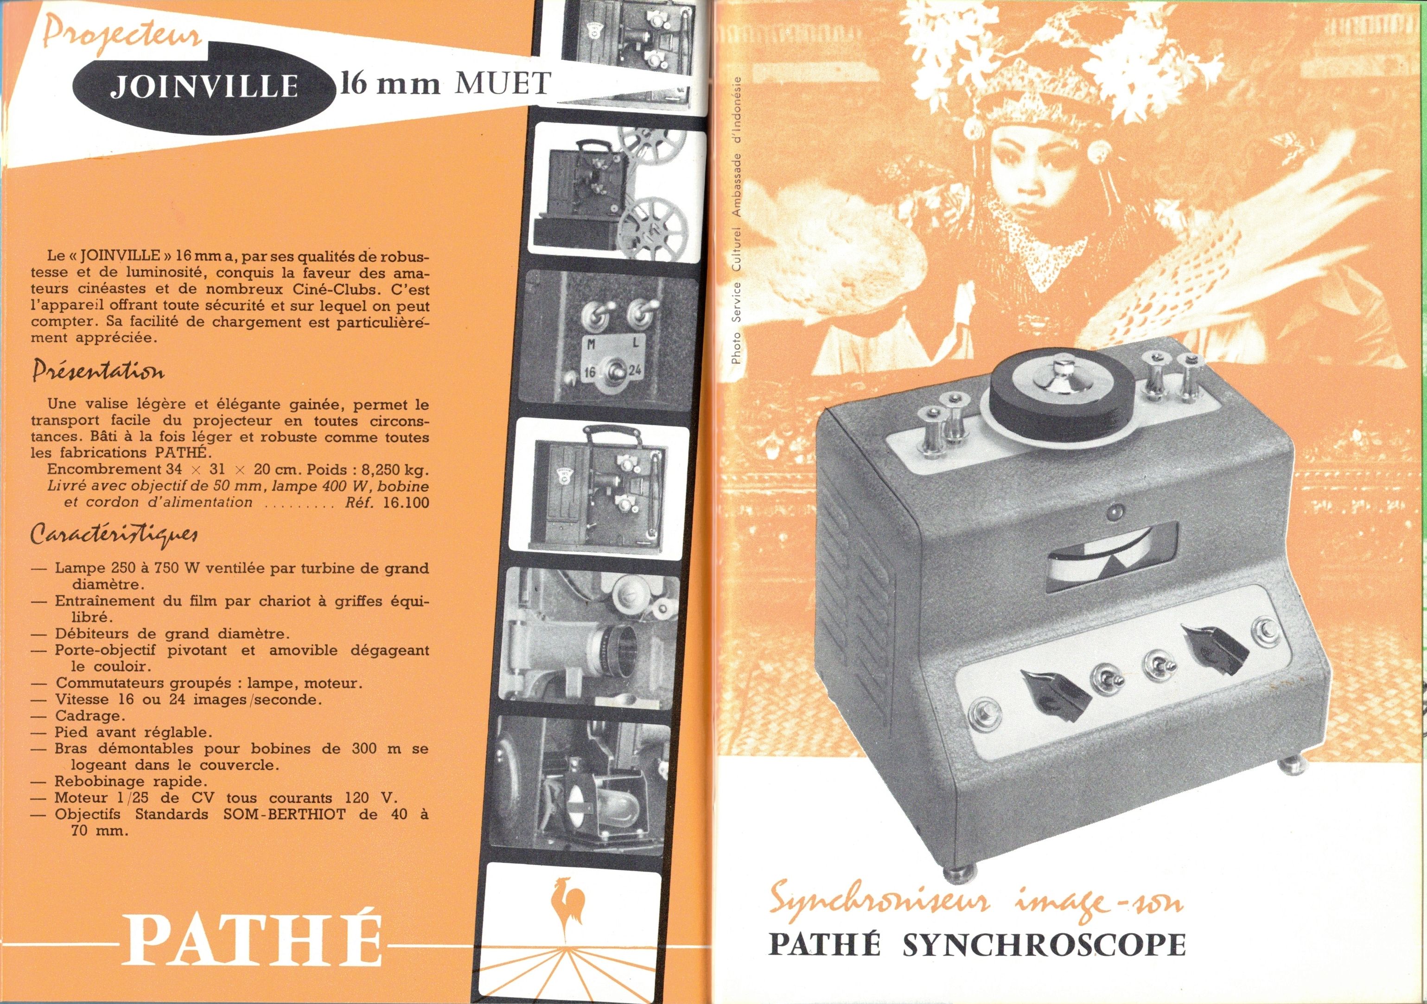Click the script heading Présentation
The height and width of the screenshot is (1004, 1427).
[x=98, y=372]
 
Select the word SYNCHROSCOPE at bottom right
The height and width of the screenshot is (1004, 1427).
[x=1044, y=944]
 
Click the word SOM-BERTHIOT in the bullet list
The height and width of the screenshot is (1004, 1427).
[x=284, y=815]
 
